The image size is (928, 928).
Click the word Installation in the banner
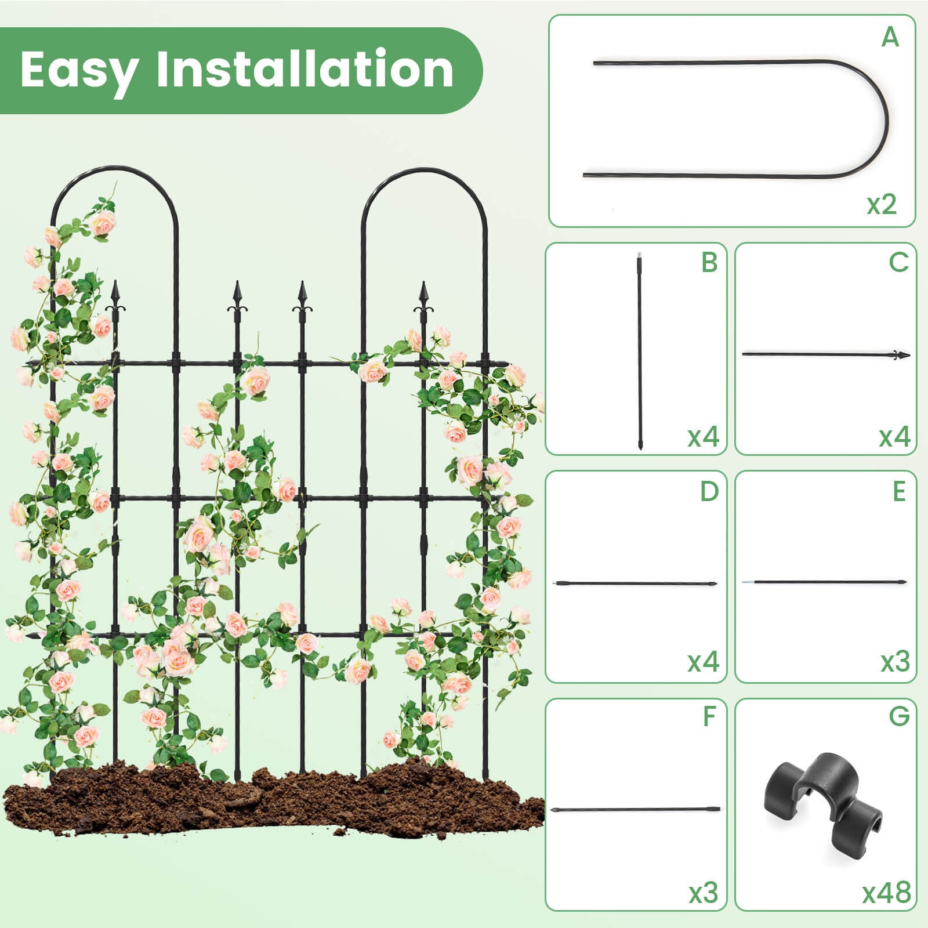[304, 69]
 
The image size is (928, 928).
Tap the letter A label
[890, 38]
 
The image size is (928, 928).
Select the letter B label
[709, 262]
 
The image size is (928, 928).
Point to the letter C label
[898, 262]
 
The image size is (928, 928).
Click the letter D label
[709, 491]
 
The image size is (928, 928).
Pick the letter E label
[899, 491]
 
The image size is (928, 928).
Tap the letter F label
[709, 717]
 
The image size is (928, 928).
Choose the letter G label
[899, 717]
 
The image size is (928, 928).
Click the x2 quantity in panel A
[882, 204]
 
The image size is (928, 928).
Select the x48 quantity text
[886, 893]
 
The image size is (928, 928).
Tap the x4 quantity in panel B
[703, 436]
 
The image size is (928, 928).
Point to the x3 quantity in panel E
[895, 662]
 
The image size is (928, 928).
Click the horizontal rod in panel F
[636, 809]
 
